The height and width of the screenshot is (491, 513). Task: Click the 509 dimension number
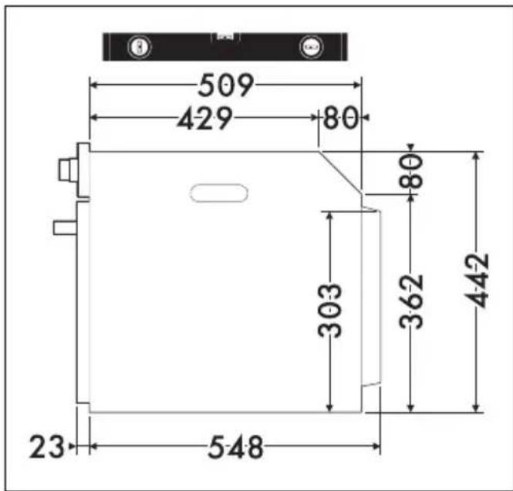point(226,86)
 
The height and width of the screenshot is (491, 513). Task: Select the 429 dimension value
point(205,118)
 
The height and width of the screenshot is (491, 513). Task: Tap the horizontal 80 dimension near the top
point(340,117)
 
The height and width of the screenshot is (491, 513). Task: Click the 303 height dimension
point(330,311)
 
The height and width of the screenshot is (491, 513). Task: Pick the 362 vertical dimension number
point(411,301)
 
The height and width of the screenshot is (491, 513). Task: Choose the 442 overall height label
point(477,281)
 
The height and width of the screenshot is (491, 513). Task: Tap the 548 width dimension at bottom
point(235,447)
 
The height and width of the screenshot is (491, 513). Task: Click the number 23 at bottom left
point(47,446)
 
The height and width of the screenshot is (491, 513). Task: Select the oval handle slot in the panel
point(219,193)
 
